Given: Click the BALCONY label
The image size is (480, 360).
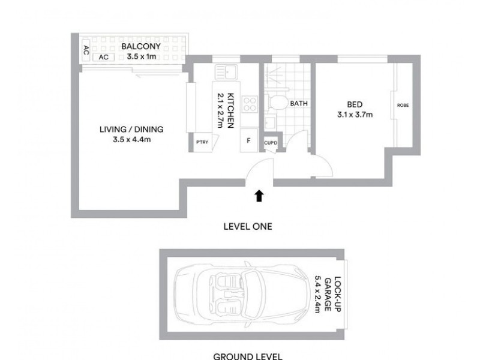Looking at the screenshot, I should pyautogui.click(x=135, y=46).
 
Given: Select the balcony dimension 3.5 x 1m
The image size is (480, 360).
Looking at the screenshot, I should pyautogui.click(x=135, y=57).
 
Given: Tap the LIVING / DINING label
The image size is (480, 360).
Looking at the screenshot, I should pyautogui.click(x=131, y=129).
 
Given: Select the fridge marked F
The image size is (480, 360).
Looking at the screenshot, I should pyautogui.click(x=248, y=142).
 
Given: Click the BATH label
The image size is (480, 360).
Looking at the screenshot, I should pyautogui.click(x=299, y=103).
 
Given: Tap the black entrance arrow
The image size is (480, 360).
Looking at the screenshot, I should pyautogui.click(x=259, y=195).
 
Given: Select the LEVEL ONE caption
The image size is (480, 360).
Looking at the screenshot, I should pyautogui.click(x=247, y=227).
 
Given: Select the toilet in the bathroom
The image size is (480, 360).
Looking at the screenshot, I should pyautogui.click(x=278, y=103).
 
